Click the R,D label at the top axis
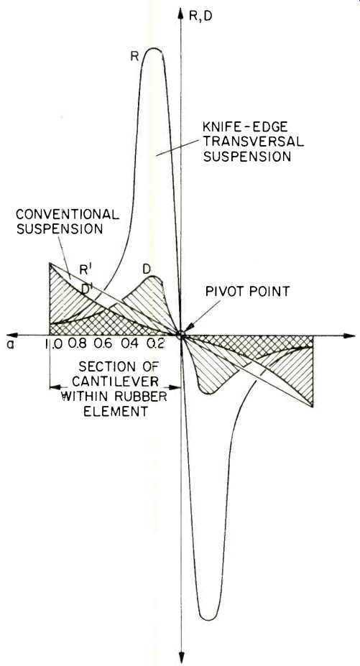[200, 15]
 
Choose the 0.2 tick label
[156, 343]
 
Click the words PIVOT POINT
[247, 292]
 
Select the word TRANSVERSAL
[254, 141]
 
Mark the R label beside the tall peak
[135, 57]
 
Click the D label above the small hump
[147, 269]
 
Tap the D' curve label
[88, 288]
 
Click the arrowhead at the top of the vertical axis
[181, 12]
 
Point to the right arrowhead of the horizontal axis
[349, 336]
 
